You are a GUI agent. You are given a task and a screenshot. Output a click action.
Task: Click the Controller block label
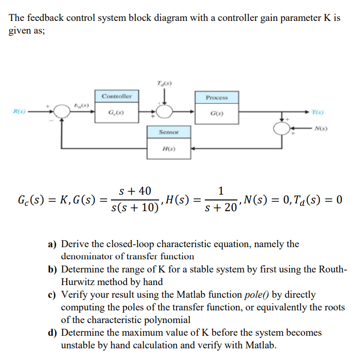(117, 96)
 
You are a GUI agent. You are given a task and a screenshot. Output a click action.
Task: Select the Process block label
(216, 98)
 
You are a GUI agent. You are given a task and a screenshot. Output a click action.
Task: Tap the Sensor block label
(169, 132)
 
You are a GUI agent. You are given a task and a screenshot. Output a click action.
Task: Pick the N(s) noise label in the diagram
(321, 128)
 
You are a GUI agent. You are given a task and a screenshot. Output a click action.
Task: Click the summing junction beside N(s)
(283, 128)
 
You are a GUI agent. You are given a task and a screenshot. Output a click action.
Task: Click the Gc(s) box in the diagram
(117, 113)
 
